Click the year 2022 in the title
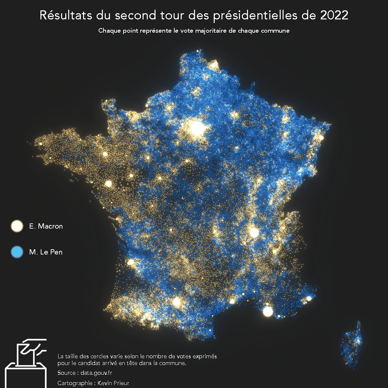[334, 15]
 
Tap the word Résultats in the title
[66, 15]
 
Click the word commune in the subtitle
[275, 31]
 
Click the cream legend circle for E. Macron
[17, 226]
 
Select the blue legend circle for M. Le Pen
[17, 252]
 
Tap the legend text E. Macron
[46, 226]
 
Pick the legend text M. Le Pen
[46, 252]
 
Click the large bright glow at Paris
[197, 128]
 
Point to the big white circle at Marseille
[268, 312]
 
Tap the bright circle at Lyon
[254, 233]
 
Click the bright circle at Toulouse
[177, 302]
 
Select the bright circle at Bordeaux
[131, 262]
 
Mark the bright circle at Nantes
[109, 184]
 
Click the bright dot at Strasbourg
[321, 138]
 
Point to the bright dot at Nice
[309, 298]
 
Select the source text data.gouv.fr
[96, 373]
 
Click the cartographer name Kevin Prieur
[113, 383]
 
